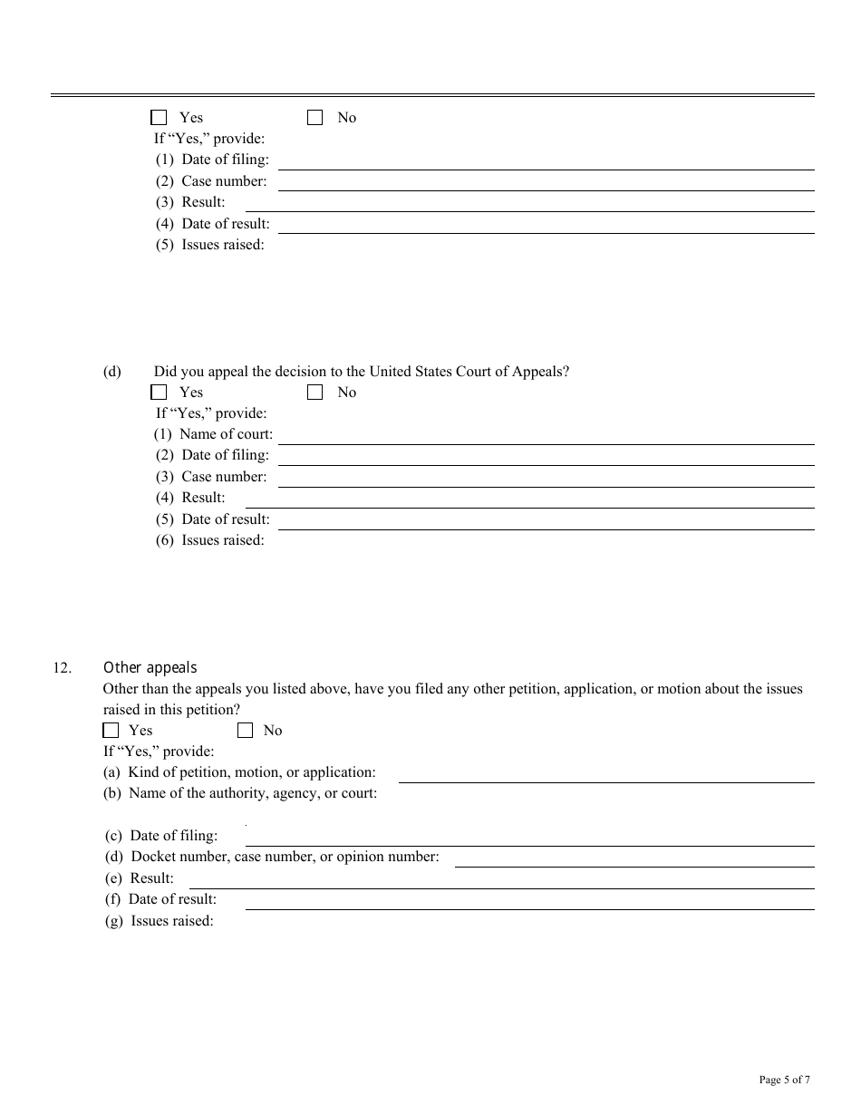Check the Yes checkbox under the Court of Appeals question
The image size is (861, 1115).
click(x=160, y=393)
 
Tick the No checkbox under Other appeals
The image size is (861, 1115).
click(x=246, y=731)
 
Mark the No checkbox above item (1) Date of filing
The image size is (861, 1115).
click(x=315, y=118)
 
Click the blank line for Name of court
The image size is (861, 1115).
click(x=547, y=436)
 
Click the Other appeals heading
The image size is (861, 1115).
click(x=150, y=668)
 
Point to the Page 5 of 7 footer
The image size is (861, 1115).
click(x=784, y=1080)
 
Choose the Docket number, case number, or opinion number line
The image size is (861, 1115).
click(x=634, y=858)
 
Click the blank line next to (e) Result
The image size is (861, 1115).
click(x=501, y=880)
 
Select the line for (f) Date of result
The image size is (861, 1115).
click(x=529, y=901)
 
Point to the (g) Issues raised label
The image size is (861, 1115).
click(x=160, y=921)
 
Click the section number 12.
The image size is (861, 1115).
click(x=62, y=669)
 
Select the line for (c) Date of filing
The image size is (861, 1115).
click(x=529, y=838)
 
